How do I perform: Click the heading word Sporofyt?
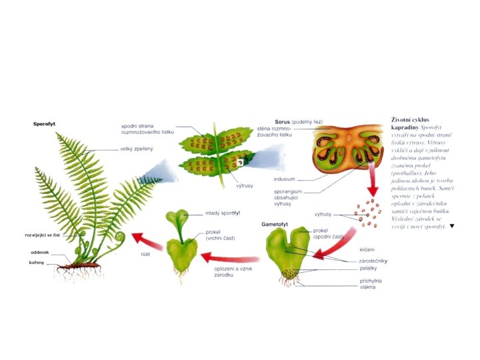click(45, 123)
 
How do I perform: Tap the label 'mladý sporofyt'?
click(222, 213)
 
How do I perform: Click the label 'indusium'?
click(284, 179)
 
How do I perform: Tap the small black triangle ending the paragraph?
click(452, 226)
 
